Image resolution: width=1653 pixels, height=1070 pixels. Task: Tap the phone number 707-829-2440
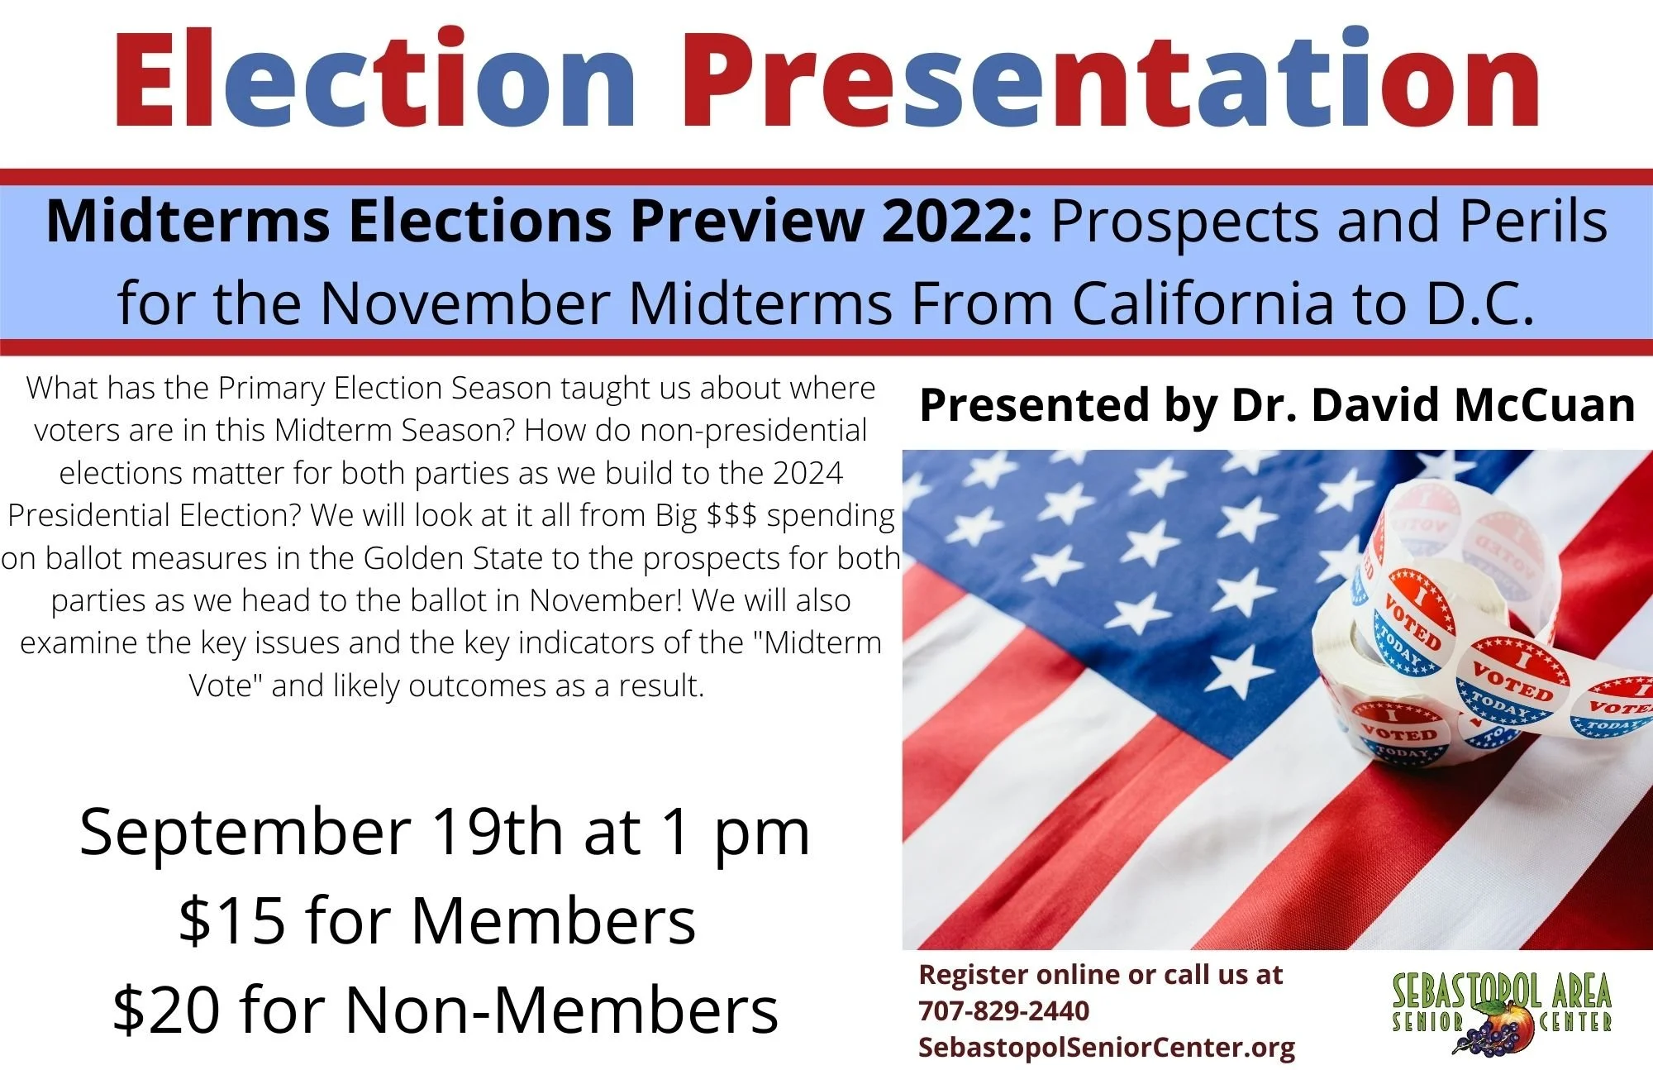[1003, 1010]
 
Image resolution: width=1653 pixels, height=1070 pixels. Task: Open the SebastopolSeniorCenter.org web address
[1107, 1047]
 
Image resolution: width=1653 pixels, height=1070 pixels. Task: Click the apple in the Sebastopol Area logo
[1498, 1016]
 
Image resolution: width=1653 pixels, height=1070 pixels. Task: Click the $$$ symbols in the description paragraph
[731, 515]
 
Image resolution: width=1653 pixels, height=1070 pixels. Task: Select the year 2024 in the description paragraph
[807, 473]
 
